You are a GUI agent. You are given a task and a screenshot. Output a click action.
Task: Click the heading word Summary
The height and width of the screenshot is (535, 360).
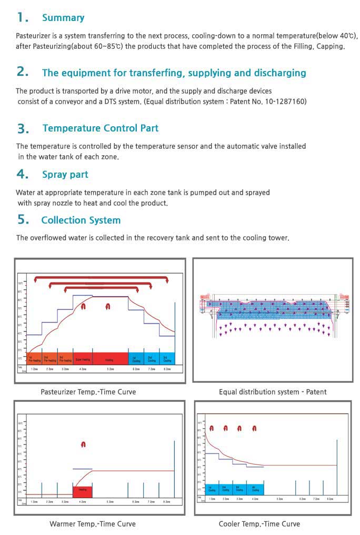[x=63, y=18]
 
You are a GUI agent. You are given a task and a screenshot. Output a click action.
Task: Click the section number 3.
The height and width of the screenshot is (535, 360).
[x=23, y=128]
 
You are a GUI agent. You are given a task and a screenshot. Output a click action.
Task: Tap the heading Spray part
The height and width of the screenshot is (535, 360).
[x=65, y=175]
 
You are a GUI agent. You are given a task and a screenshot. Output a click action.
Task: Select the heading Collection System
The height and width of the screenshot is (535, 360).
[x=81, y=220]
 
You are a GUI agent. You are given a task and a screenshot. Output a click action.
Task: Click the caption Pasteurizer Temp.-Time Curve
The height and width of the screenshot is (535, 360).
[x=88, y=392]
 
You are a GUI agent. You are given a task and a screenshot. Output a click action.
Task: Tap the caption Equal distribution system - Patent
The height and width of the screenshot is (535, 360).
[x=273, y=392]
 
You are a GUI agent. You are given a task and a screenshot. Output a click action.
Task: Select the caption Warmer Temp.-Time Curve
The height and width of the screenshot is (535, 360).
[x=92, y=524]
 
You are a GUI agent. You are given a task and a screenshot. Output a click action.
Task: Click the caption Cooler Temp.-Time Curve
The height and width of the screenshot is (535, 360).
[x=259, y=524]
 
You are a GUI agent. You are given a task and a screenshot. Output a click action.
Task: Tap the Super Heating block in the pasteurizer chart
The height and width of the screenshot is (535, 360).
[x=83, y=360]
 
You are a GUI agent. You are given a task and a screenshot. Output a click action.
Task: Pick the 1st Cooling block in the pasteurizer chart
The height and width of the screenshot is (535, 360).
[x=136, y=360]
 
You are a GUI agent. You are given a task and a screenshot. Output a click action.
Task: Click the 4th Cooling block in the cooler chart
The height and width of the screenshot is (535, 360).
[x=255, y=489]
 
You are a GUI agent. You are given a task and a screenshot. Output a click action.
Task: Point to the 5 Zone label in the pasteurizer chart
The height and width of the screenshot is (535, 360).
[x=110, y=369]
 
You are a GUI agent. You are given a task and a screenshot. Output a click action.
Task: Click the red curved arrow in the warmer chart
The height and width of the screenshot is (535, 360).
[x=83, y=445]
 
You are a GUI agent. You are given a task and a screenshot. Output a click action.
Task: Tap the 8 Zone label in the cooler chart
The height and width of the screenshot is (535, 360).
[x=330, y=498]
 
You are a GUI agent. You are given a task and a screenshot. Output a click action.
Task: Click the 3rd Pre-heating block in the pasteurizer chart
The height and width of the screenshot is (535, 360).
[x=65, y=360]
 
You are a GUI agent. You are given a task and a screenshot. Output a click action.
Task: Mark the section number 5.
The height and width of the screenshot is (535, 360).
[x=23, y=220]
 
